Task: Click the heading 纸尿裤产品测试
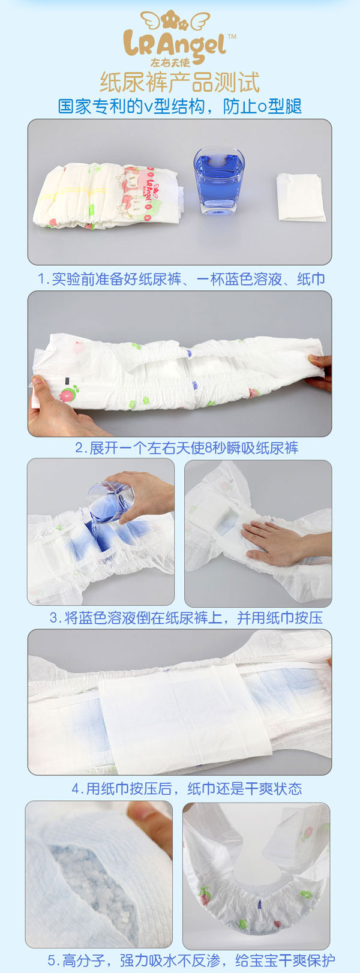pos(179,82)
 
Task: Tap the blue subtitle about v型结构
pos(179,107)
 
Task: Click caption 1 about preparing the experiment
pos(181,279)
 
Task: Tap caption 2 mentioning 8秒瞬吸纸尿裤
pos(186,448)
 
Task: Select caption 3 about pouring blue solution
pos(185,618)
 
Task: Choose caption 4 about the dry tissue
pos(187,788)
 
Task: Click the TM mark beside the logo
pos(232,37)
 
